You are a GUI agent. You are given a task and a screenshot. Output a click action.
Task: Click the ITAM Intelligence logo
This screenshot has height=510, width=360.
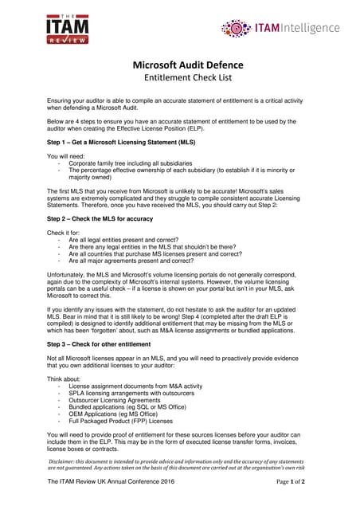[x=280, y=29]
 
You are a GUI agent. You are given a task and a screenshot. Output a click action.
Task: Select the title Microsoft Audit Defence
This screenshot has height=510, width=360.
[x=180, y=65]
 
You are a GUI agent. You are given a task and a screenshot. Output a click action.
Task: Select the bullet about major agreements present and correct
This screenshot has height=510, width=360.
[x=131, y=260]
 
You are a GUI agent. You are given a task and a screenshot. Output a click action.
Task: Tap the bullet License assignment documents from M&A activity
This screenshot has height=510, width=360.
[x=135, y=386]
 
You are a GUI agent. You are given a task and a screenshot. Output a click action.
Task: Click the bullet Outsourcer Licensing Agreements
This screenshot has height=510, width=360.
[x=123, y=400]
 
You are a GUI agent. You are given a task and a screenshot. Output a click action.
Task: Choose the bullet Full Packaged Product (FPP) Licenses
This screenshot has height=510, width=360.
[x=131, y=422]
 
